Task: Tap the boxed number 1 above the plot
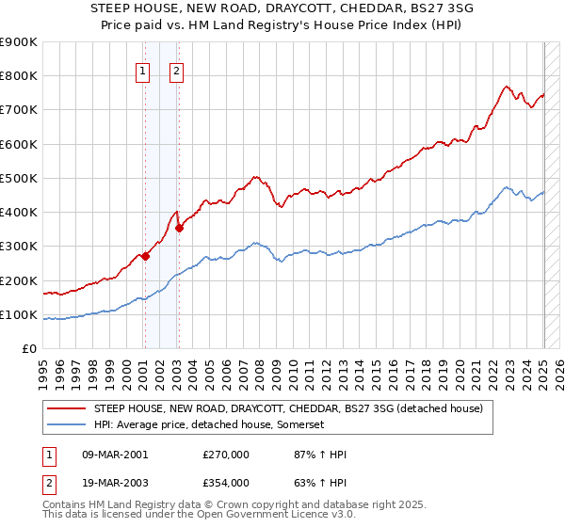point(142,69)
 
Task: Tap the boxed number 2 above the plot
point(176,69)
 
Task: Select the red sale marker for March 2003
point(179,228)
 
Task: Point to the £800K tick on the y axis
point(20,76)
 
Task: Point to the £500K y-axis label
point(20,179)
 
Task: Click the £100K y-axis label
point(20,315)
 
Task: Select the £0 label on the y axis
point(29,349)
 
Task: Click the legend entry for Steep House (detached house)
point(288,409)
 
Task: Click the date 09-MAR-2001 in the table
point(116,455)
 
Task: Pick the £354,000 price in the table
point(226,483)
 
